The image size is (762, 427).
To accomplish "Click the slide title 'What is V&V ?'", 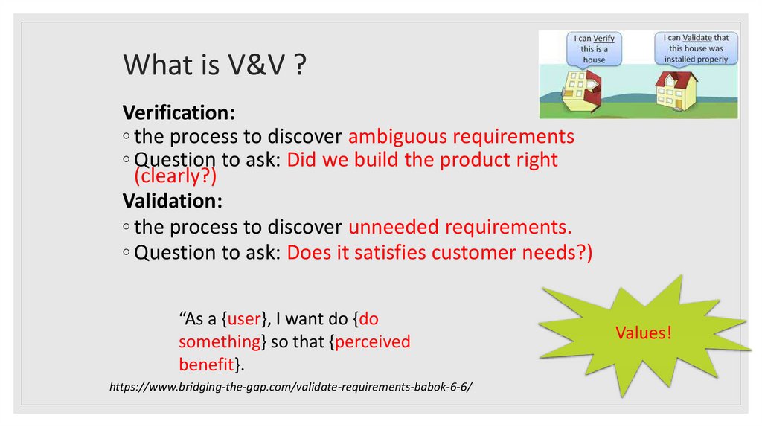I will (216, 65).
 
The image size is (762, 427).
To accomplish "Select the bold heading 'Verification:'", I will (179, 113).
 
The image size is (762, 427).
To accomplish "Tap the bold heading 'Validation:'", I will (172, 202).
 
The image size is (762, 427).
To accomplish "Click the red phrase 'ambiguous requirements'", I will (461, 137).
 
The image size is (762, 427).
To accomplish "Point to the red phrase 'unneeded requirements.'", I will (460, 227).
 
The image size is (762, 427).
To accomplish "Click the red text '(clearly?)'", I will (175, 176).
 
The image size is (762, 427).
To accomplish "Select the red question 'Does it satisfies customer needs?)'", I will (439, 252).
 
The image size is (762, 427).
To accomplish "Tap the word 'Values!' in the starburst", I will (643, 333).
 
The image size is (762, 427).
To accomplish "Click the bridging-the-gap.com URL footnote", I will (291, 388).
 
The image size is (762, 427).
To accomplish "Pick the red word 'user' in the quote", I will (243, 319).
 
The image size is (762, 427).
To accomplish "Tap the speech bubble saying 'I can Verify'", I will (593, 48).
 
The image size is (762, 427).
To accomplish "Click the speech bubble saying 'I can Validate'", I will (695, 48).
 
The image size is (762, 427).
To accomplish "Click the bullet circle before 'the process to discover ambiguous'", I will (127, 138).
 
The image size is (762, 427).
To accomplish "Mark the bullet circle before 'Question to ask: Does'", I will (127, 253).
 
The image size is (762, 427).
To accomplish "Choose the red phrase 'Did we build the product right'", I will (422, 160).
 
